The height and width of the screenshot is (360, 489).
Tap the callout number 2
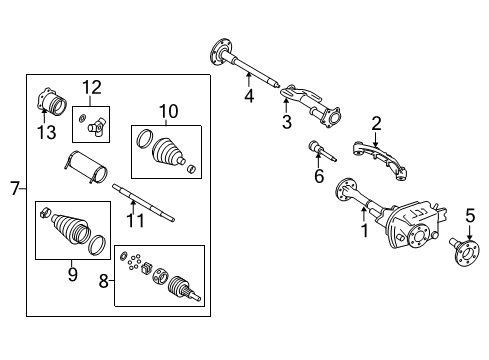376,124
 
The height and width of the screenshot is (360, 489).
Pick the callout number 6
319,178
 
